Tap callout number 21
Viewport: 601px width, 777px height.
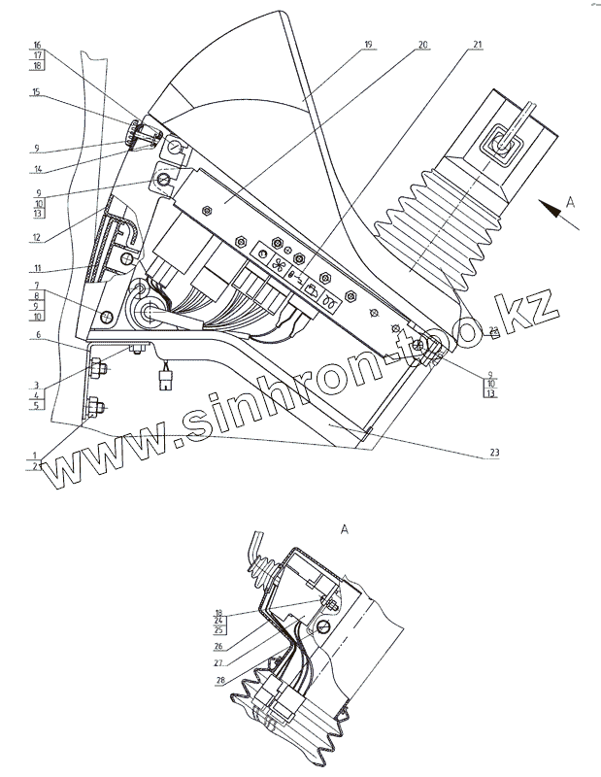click(x=479, y=46)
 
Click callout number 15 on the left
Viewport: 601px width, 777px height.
click(x=36, y=92)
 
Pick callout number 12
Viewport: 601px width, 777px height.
click(x=36, y=237)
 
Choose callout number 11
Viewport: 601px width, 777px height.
click(x=36, y=267)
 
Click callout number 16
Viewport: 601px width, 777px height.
click(x=36, y=46)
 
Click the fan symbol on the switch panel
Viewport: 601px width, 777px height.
click(x=278, y=262)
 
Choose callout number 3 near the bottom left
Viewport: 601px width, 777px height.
click(x=36, y=386)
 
